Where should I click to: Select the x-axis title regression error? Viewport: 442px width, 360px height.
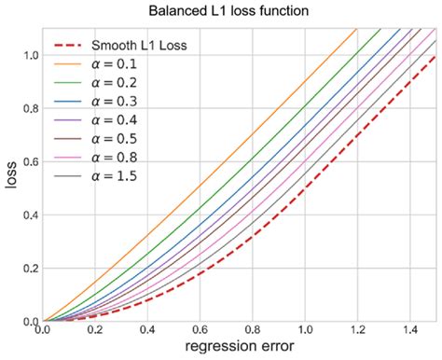241,348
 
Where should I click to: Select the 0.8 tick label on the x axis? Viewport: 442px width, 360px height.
253,330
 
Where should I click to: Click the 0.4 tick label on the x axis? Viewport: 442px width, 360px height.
147,330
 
